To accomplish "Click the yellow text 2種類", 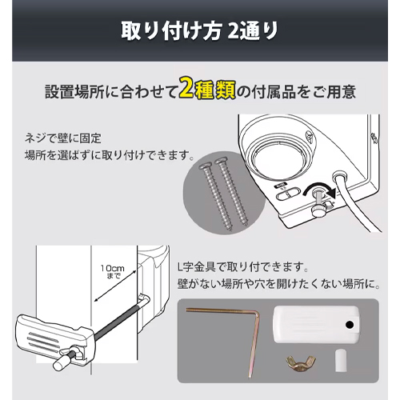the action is click(207, 90).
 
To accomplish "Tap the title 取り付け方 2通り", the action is click(200, 31).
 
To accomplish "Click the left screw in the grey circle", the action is click(216, 196).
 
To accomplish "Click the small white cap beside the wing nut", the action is click(340, 360).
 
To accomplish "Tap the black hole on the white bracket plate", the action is click(350, 325).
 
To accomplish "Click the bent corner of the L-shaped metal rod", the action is click(257, 314).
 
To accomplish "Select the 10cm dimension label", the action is click(112, 271).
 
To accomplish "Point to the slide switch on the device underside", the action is click(288, 194).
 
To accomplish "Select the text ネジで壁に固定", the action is click(63, 138).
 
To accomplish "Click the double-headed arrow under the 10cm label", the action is click(115, 286).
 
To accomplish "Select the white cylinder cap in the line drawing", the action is click(61, 364).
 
